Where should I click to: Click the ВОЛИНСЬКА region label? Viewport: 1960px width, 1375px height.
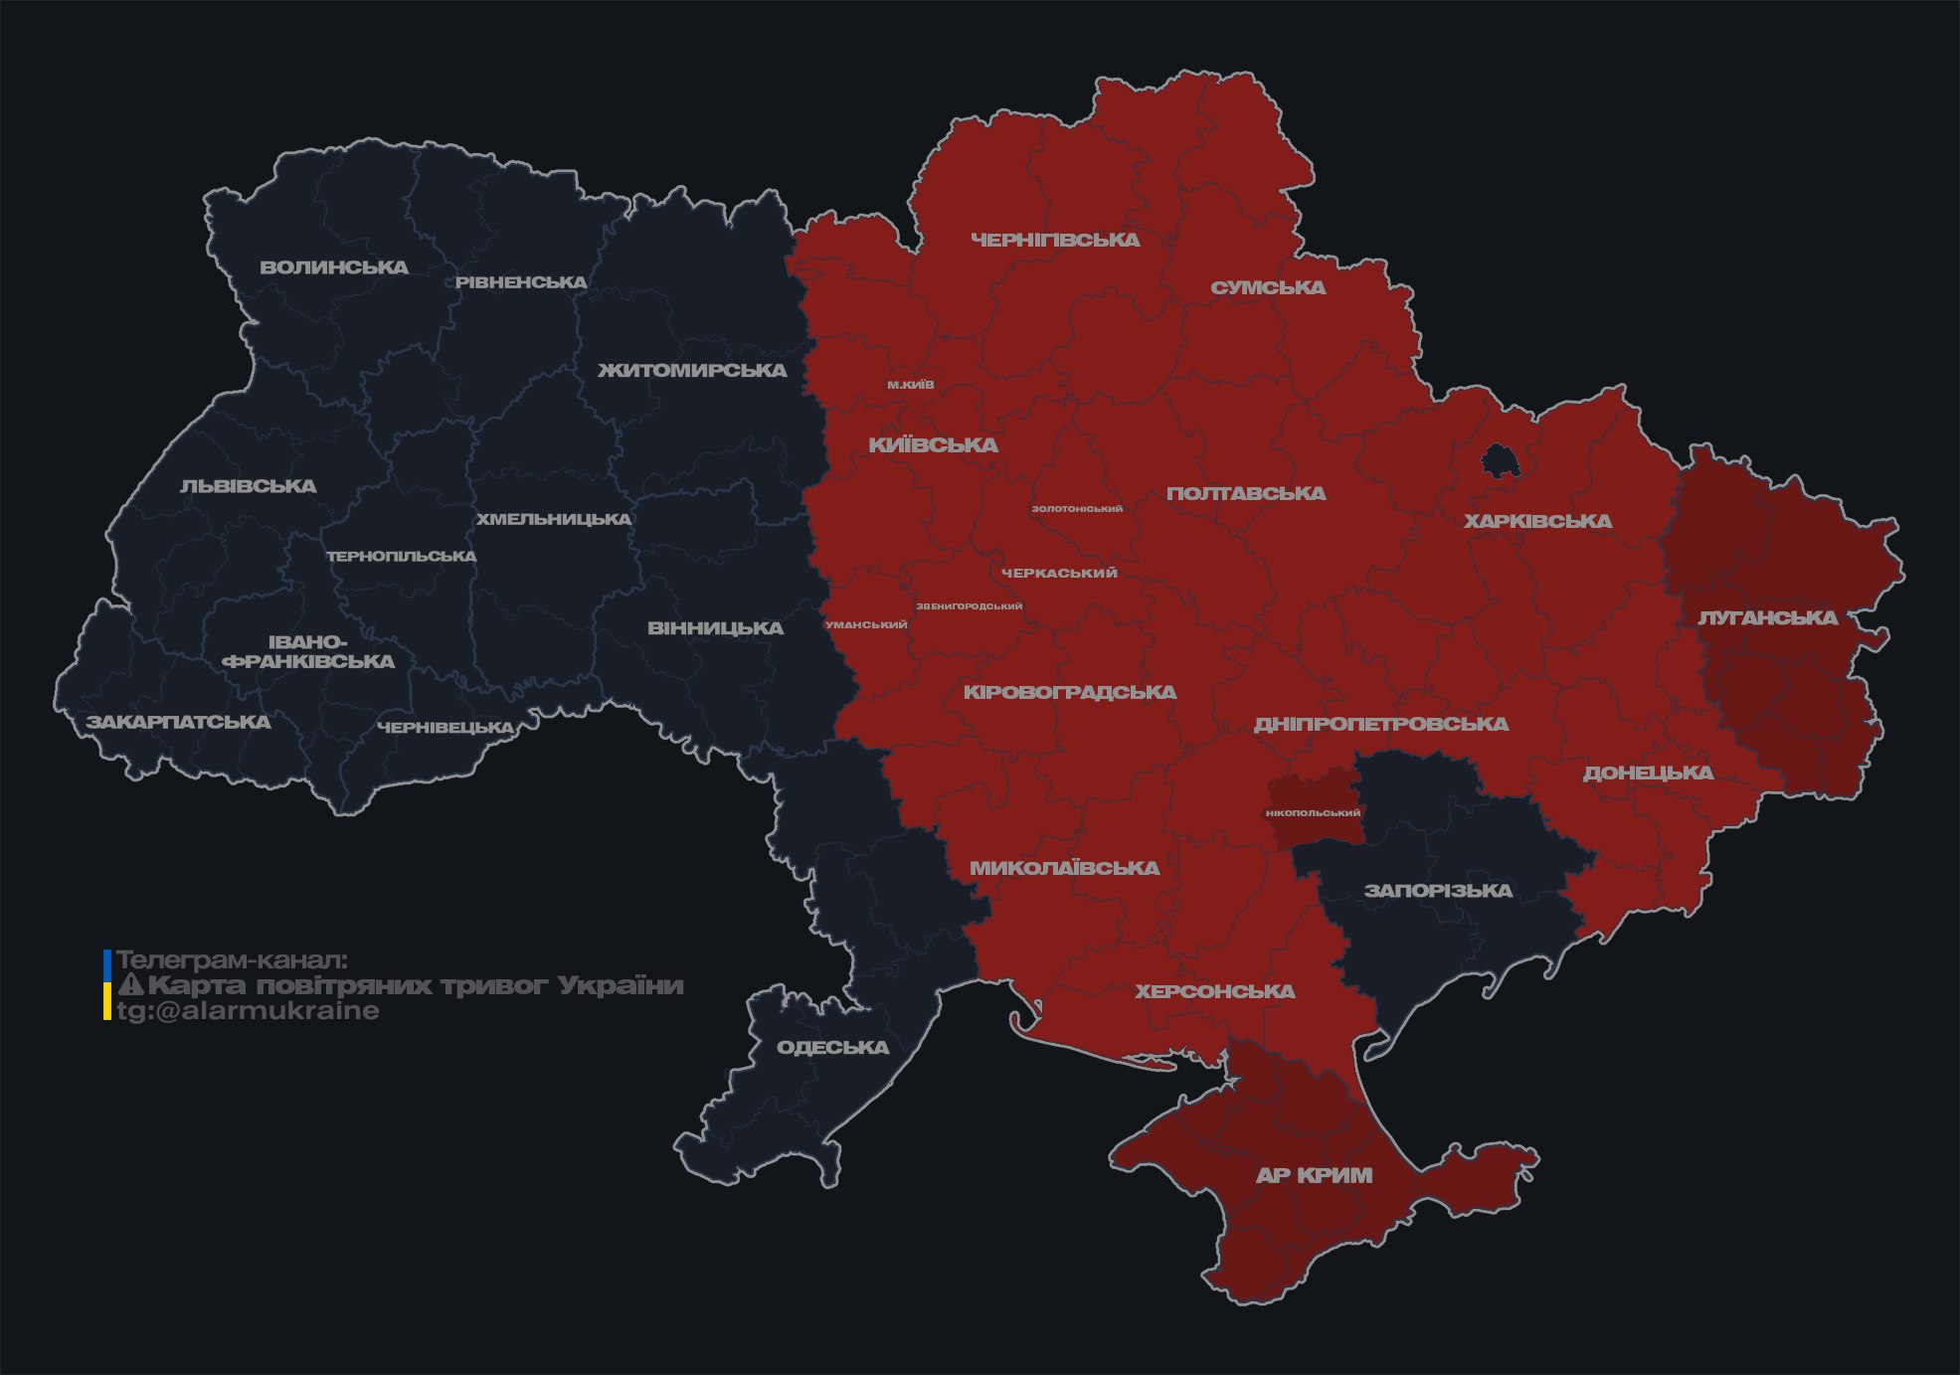pos(334,267)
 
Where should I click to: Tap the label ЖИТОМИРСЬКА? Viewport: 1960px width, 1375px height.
pos(692,371)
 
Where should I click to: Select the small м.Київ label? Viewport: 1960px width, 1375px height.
pos(911,385)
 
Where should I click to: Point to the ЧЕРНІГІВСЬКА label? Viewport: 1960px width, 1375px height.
pos(1055,240)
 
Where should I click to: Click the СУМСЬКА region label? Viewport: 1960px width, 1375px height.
pos(1268,288)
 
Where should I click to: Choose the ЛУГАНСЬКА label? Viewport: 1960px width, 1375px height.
pos(1767,618)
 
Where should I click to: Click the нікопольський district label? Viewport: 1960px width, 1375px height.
pos(1313,813)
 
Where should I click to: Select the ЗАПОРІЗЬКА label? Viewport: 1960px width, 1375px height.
pos(1438,891)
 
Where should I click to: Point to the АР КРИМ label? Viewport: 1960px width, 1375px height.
pos(1314,1175)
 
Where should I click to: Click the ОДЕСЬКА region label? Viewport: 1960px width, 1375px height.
pos(832,1048)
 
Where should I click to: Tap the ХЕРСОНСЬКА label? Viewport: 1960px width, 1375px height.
pos(1215,992)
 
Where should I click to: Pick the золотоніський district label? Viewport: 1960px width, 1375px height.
pos(1077,509)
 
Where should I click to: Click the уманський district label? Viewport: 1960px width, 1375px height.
pos(866,625)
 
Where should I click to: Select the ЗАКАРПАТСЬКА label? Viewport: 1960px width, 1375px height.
pos(178,722)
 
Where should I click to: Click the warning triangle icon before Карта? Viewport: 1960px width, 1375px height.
pos(131,985)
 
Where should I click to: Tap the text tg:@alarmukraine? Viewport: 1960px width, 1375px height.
pos(248,1011)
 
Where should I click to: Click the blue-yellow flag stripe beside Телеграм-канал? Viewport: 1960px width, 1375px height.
pos(107,984)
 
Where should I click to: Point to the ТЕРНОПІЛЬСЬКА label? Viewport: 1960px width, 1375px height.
pos(402,557)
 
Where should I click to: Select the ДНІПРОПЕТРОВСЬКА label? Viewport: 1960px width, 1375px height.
pos(1380,725)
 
